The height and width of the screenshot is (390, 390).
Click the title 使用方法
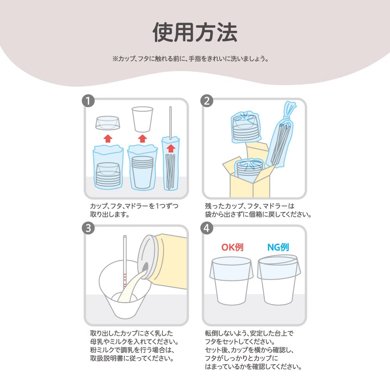click(195, 32)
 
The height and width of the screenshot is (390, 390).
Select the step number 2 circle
click(206, 101)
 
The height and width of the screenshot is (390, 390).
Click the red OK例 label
click(232, 247)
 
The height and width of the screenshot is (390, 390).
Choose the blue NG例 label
click(278, 247)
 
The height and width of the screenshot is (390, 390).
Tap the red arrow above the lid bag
click(108, 138)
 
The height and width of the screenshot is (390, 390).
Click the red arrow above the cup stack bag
click(142, 138)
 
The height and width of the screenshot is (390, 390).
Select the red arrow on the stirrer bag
click(170, 149)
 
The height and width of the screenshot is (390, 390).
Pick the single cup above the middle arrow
click(142, 119)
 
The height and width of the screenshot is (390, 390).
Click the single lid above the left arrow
click(108, 122)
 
